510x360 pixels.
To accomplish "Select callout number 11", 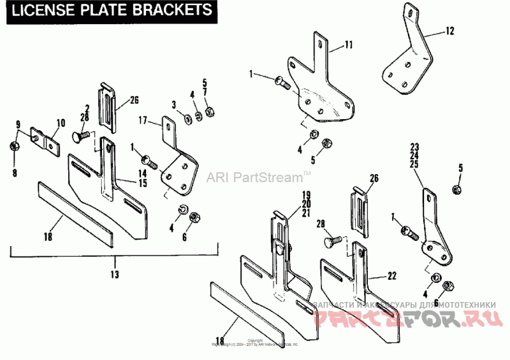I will tap(348, 44).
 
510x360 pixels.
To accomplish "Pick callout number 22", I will tap(391, 276).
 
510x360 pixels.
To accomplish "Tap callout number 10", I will tap(61, 122).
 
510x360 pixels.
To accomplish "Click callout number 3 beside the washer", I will tap(173, 104).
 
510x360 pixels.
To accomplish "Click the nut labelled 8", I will tap(13, 148).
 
